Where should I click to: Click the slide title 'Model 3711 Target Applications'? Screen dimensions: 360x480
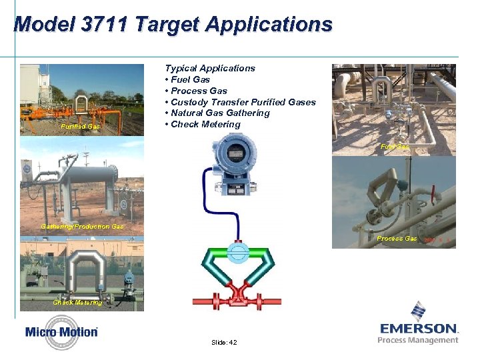[173, 25]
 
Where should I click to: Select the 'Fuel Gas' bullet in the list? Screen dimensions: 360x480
[190, 79]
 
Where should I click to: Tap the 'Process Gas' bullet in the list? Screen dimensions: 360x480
[199, 91]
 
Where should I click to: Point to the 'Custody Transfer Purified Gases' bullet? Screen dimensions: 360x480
[243, 102]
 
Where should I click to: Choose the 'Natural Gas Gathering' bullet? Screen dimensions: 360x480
[220, 113]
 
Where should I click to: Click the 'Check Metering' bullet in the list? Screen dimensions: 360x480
[205, 125]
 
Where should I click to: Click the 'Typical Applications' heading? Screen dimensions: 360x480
[210, 68]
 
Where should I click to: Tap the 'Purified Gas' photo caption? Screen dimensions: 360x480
[80, 126]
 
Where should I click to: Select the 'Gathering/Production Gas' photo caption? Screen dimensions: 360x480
[82, 227]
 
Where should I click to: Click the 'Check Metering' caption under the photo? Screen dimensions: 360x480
[77, 303]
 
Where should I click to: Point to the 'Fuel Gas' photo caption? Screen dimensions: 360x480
[394, 147]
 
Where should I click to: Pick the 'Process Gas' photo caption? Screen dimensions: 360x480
[397, 239]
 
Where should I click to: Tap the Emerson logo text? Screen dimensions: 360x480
[419, 328]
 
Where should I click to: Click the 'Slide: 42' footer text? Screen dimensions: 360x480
[223, 342]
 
